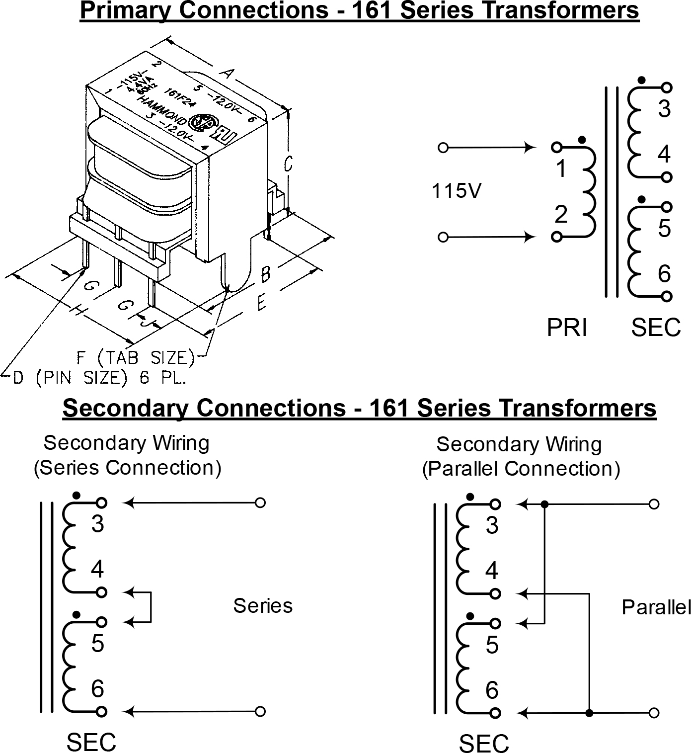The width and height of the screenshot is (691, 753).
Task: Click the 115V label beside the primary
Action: point(456,190)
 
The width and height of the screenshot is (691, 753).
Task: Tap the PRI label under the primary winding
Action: point(567,328)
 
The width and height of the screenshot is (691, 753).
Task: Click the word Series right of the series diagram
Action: point(263,605)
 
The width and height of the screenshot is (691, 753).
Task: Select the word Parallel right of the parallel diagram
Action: point(656,607)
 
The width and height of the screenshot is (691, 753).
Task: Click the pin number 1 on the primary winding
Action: point(561,169)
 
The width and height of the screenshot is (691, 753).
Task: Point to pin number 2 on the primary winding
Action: point(561,215)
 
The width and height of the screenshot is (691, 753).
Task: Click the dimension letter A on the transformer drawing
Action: point(227,74)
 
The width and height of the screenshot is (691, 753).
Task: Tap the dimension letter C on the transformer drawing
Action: point(288,164)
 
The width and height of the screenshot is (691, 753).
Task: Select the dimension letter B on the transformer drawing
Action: point(266,273)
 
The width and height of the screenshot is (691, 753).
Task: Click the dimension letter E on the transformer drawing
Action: point(261,302)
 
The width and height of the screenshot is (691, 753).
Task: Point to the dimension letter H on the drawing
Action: point(77,311)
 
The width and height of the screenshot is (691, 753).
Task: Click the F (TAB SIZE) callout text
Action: point(135,357)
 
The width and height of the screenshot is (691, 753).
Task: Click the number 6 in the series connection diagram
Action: point(97,688)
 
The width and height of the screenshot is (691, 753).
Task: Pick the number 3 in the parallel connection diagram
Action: point(492,525)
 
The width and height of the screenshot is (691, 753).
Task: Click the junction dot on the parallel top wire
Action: point(544,504)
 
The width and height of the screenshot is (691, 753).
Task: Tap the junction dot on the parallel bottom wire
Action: point(589,713)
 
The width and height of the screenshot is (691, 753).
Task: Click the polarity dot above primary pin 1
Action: point(582,140)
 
